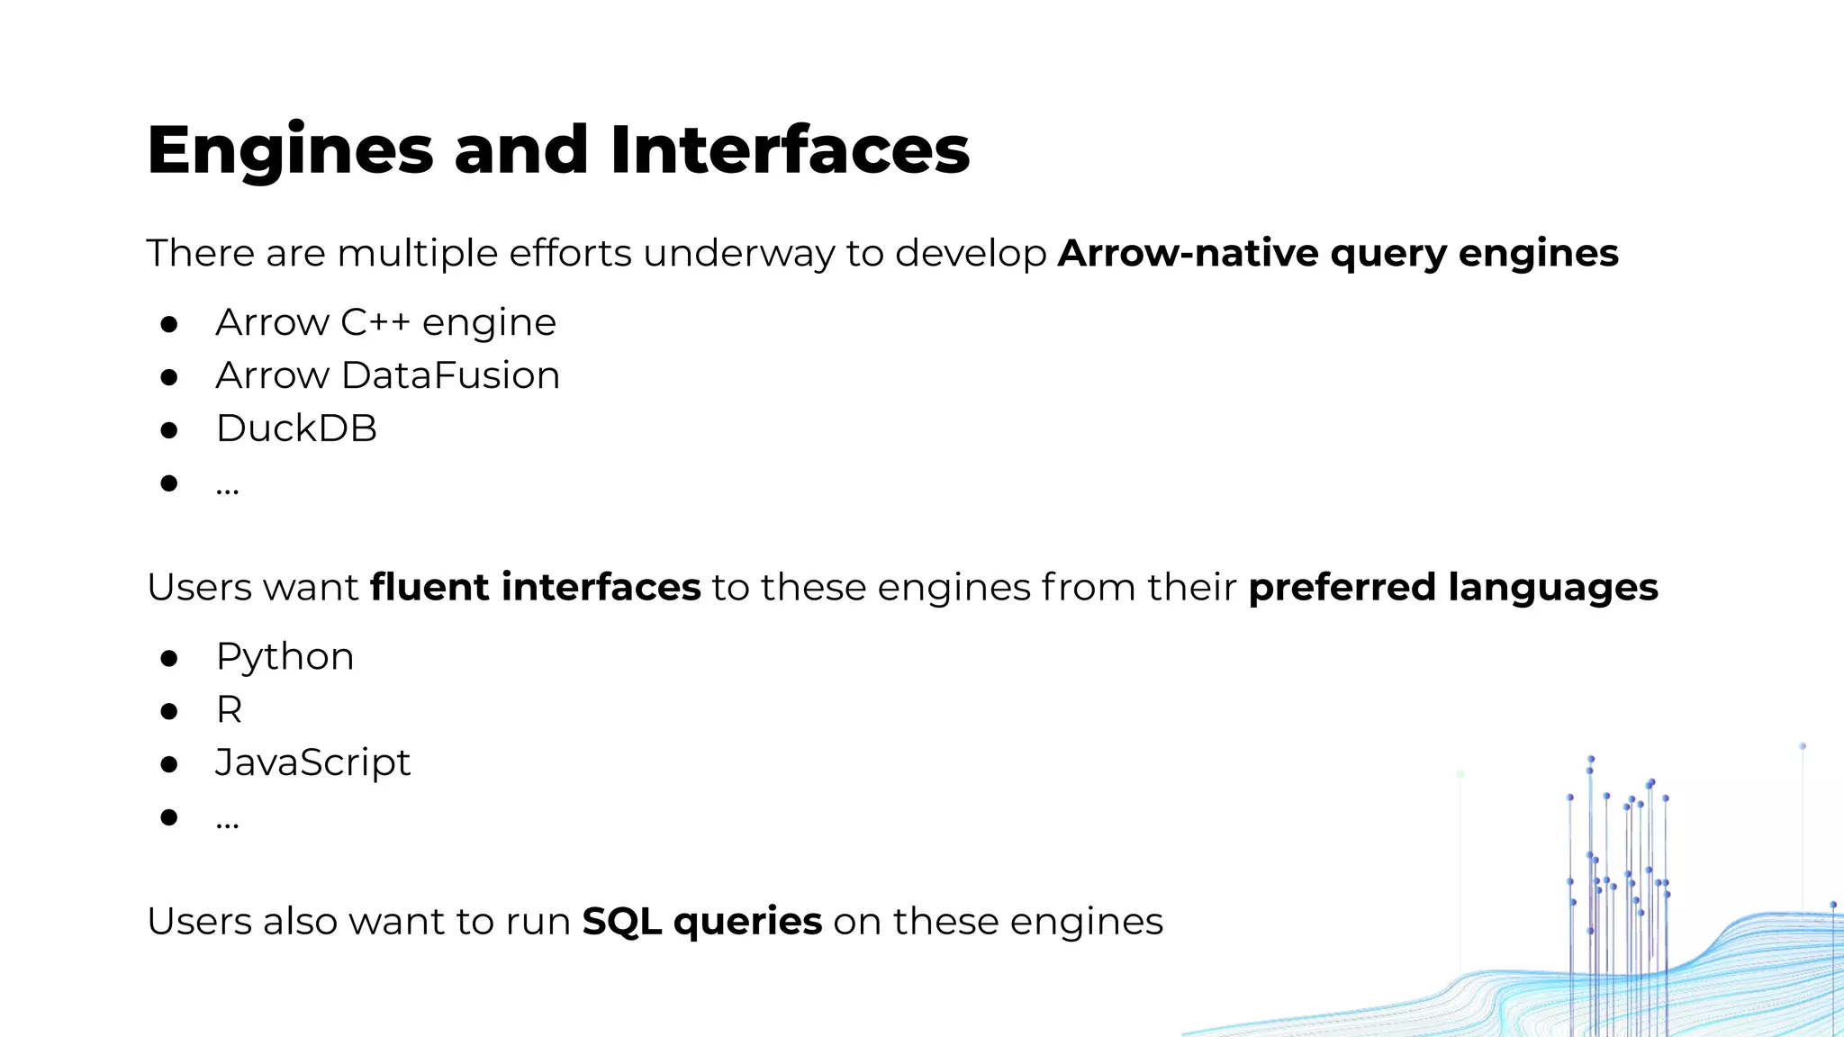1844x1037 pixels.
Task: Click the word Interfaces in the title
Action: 790,150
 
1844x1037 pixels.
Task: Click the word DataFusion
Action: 450,375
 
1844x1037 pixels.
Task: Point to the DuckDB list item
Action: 296,428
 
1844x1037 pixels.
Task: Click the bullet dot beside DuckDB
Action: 168,430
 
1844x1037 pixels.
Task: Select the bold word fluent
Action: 429,587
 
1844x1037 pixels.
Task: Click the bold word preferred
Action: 1342,587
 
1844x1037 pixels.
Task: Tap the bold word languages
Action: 1552,587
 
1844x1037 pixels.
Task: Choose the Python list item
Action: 285,657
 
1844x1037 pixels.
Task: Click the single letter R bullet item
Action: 229,710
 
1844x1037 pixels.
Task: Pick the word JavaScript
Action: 312,763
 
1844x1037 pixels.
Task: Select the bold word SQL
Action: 621,922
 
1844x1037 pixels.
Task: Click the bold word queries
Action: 747,922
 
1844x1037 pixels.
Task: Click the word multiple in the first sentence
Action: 417,253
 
